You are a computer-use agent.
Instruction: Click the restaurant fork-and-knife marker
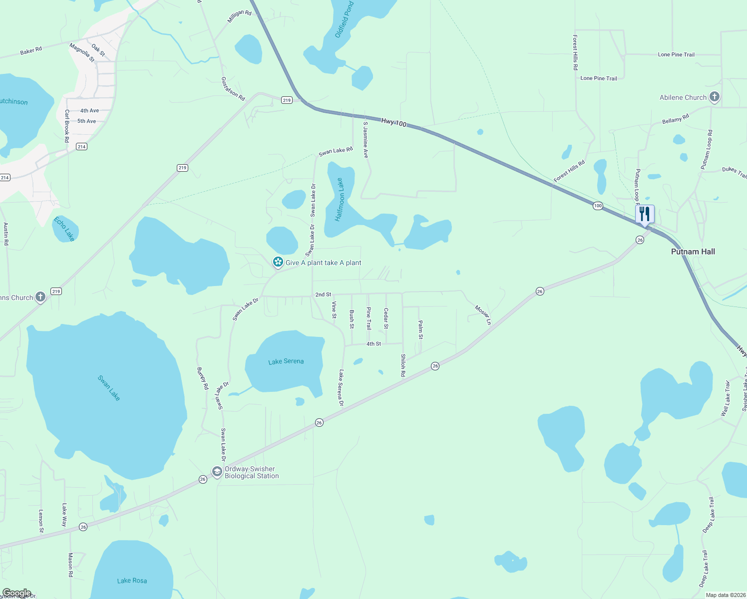pos(645,214)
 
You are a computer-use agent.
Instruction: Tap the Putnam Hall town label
pos(693,252)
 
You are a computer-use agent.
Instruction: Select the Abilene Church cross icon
pos(715,97)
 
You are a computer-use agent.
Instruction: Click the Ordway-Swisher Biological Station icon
pos(217,472)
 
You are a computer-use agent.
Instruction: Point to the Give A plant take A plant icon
pos(278,262)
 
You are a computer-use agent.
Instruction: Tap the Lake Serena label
pos(286,361)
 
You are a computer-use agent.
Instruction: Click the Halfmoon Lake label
pos(340,200)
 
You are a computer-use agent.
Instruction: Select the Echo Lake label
pos(64,229)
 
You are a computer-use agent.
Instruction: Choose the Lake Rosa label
pos(132,581)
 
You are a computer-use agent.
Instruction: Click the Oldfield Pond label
pos(344,19)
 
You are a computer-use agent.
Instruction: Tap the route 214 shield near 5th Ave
pos(82,147)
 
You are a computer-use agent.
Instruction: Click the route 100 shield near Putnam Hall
pos(598,206)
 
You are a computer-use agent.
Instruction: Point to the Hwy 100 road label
pos(393,122)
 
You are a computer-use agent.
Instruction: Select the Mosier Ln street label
pos(483,315)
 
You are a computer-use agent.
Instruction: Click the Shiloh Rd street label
pos(403,365)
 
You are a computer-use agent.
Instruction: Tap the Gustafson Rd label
pos(233,89)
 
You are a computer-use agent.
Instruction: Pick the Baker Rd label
pos(31,51)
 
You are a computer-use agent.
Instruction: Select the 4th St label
pos(373,344)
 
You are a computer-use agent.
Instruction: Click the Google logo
pos(17,593)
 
